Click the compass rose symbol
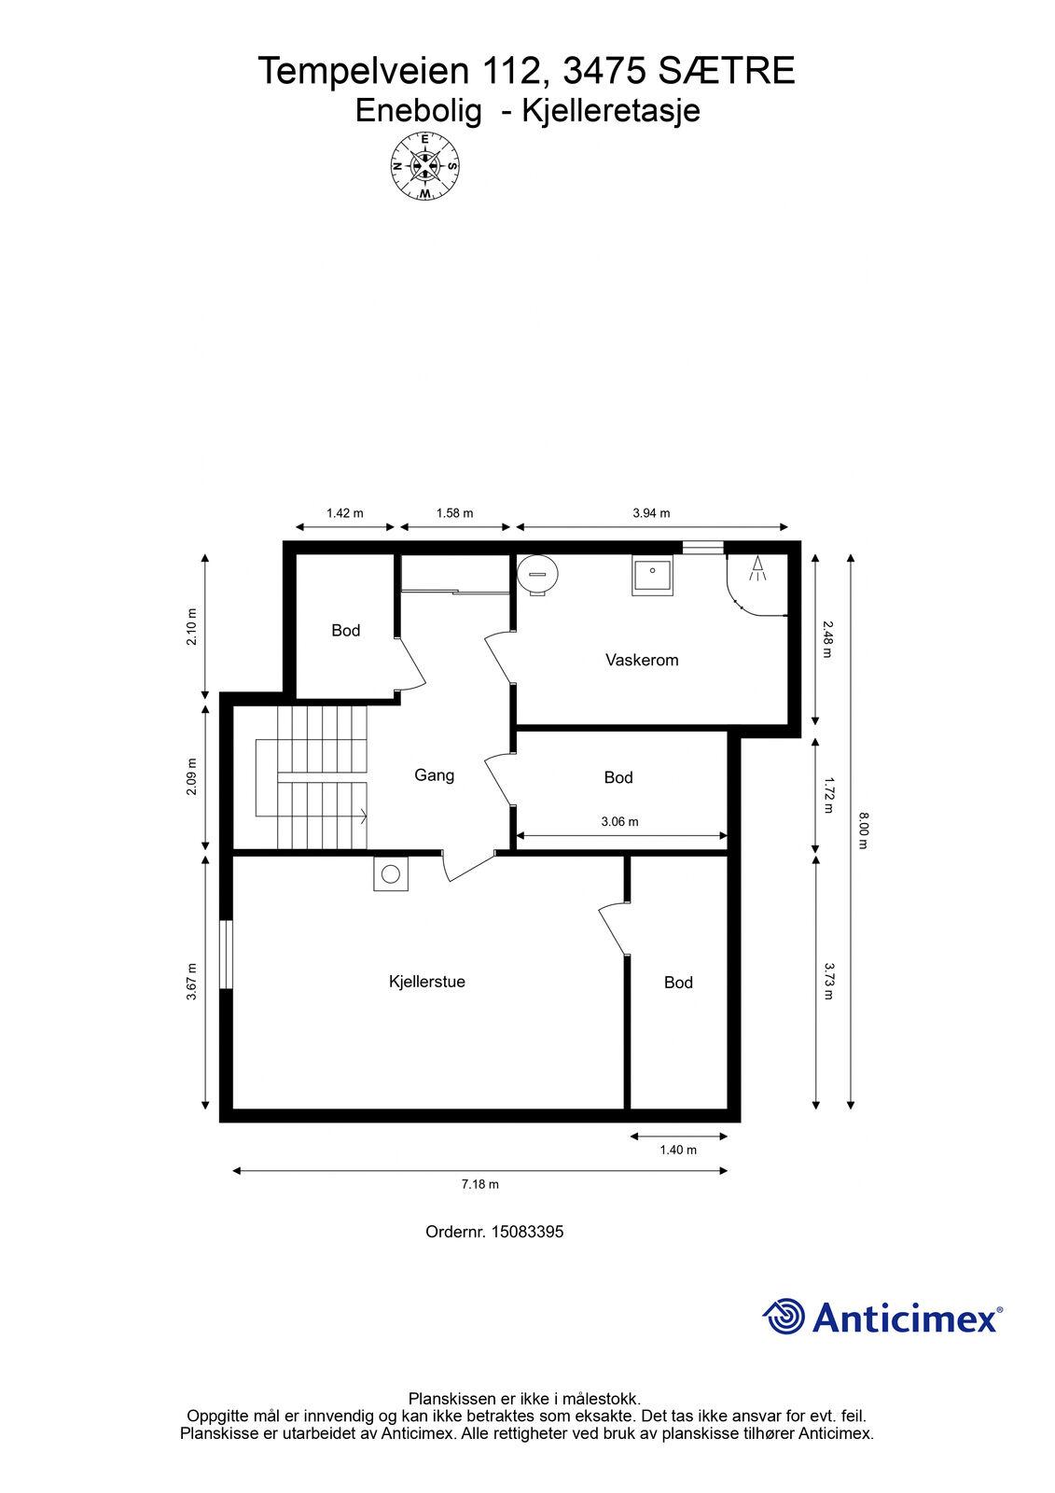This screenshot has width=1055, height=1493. click(424, 166)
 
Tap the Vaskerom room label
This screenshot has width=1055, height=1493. click(642, 660)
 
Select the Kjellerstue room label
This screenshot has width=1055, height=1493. click(426, 982)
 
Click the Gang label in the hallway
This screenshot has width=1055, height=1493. click(434, 775)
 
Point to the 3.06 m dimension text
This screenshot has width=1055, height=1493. click(619, 822)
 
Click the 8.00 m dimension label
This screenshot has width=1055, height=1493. click(863, 830)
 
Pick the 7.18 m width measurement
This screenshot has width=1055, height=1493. click(479, 1184)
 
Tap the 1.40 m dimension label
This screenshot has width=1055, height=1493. click(678, 1150)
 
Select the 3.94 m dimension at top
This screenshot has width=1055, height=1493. click(651, 513)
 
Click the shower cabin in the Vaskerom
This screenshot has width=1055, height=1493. click(757, 584)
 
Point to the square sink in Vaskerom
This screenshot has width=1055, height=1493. click(652, 575)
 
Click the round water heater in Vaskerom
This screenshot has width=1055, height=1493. click(538, 573)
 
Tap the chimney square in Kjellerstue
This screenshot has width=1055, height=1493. click(391, 873)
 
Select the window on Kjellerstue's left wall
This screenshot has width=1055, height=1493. click(227, 955)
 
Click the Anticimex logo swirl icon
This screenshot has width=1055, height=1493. click(784, 1317)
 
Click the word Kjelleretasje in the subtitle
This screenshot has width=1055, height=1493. click(611, 111)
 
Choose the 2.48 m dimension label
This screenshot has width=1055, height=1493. click(827, 639)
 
